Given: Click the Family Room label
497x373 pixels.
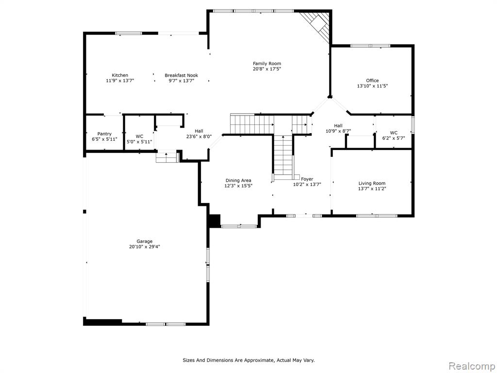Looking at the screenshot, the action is (x=267, y=64).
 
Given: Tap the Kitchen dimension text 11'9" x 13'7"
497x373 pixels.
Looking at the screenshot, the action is (x=120, y=81).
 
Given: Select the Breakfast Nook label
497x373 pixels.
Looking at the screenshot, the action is (x=182, y=75).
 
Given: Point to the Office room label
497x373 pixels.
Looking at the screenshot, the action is (x=372, y=81).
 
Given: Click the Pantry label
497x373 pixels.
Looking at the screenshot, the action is (x=104, y=134).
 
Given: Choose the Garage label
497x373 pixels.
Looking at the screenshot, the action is (x=145, y=241).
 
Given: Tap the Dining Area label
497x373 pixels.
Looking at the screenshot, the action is (x=238, y=181).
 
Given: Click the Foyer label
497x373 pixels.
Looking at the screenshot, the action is (x=307, y=179).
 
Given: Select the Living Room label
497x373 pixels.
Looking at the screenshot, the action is (x=372, y=183).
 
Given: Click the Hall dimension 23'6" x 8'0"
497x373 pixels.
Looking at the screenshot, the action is (x=199, y=136).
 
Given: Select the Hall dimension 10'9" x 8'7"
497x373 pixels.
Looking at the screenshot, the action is (x=338, y=131).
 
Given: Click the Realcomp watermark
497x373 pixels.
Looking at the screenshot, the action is (x=471, y=366).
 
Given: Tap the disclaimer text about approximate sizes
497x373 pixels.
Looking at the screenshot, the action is (x=249, y=360).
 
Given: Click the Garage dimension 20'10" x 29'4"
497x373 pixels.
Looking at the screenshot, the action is (x=145, y=247).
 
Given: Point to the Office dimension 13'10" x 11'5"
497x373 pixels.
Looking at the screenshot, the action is (x=372, y=86).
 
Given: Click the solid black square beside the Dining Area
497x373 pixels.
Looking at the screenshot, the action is (x=214, y=221).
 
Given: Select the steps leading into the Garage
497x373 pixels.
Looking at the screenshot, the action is (x=166, y=157).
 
